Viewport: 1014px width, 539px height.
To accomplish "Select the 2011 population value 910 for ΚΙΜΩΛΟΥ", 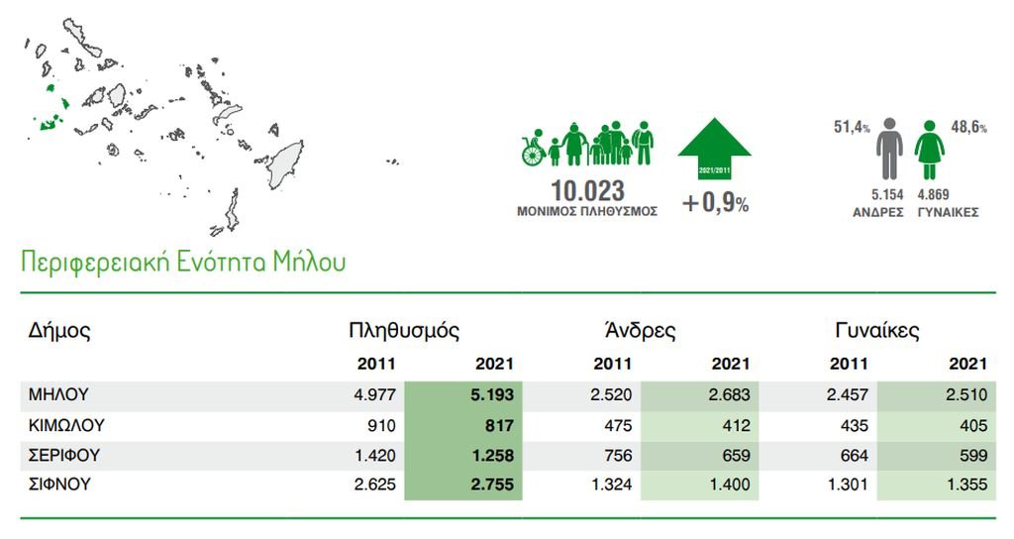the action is pyautogui.click(x=381, y=426).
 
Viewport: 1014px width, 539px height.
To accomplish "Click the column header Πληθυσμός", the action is pyautogui.click(x=404, y=331).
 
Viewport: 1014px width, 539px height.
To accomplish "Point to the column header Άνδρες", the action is pyautogui.click(x=641, y=330).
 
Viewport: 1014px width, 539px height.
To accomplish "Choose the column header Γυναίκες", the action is pyautogui.click(x=877, y=331).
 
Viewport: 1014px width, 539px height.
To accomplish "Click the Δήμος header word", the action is pyautogui.click(x=59, y=331).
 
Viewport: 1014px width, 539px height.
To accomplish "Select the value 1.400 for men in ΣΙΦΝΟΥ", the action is pyautogui.click(x=729, y=484).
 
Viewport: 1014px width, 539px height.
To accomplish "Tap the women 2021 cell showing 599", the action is pyautogui.click(x=973, y=455).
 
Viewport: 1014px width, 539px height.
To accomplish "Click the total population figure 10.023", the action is pyautogui.click(x=587, y=191).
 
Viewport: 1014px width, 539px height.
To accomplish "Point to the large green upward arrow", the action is pyautogui.click(x=714, y=148).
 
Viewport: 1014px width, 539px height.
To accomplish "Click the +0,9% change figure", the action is pyautogui.click(x=715, y=203).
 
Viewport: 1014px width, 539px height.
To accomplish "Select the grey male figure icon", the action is pyautogui.click(x=890, y=149).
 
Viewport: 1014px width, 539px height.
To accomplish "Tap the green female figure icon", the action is pyautogui.click(x=929, y=150).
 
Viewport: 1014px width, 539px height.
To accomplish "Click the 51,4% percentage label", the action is pyautogui.click(x=852, y=127).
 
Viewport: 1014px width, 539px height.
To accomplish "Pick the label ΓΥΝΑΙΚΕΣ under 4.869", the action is pyautogui.click(x=948, y=212).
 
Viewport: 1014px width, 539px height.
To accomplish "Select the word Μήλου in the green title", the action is pyautogui.click(x=309, y=262).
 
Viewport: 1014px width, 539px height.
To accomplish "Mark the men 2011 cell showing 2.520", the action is pyautogui.click(x=610, y=394).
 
